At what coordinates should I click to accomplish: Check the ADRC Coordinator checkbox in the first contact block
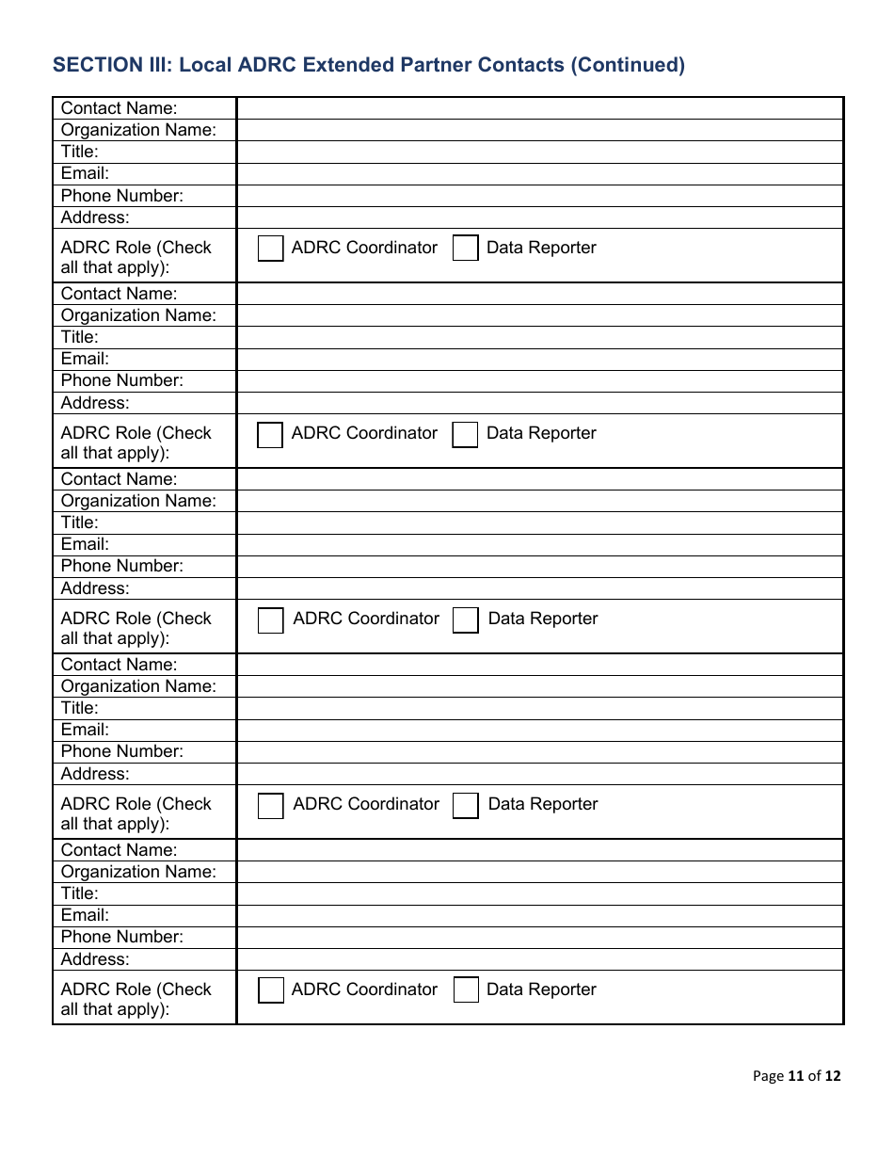(271, 249)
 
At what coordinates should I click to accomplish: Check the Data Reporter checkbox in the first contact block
(466, 249)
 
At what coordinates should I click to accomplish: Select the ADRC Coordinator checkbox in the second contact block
(271, 435)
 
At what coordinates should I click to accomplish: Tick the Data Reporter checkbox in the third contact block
(466, 620)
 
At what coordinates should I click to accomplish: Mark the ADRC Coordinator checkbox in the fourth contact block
(271, 806)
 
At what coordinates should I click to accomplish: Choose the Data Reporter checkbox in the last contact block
(466, 990)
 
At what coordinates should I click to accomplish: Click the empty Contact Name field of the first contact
(539, 108)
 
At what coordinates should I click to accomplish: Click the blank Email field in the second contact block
(539, 359)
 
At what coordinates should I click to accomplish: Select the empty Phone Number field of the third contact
(539, 566)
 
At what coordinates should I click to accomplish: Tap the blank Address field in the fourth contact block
(539, 774)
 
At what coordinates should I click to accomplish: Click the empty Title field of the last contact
(539, 893)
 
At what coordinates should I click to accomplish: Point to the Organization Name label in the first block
(138, 130)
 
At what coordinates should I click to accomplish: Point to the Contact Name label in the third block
(119, 479)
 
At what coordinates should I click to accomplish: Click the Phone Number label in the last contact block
(122, 937)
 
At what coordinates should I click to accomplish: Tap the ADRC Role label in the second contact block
(136, 442)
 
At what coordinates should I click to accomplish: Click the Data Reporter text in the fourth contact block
(543, 804)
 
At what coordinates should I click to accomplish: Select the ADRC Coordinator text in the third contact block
(366, 619)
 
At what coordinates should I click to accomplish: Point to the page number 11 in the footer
(796, 1076)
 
